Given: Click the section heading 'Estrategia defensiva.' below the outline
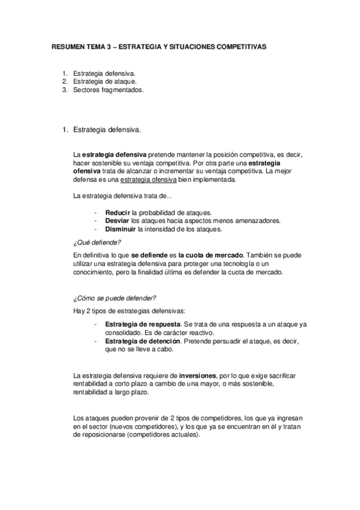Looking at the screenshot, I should point(107,129).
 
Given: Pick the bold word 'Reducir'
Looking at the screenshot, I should point(118,212).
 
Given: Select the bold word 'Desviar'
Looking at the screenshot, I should point(117,220).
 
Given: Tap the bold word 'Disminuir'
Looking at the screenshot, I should point(120,229).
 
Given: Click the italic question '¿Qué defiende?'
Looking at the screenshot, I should point(96,242).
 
